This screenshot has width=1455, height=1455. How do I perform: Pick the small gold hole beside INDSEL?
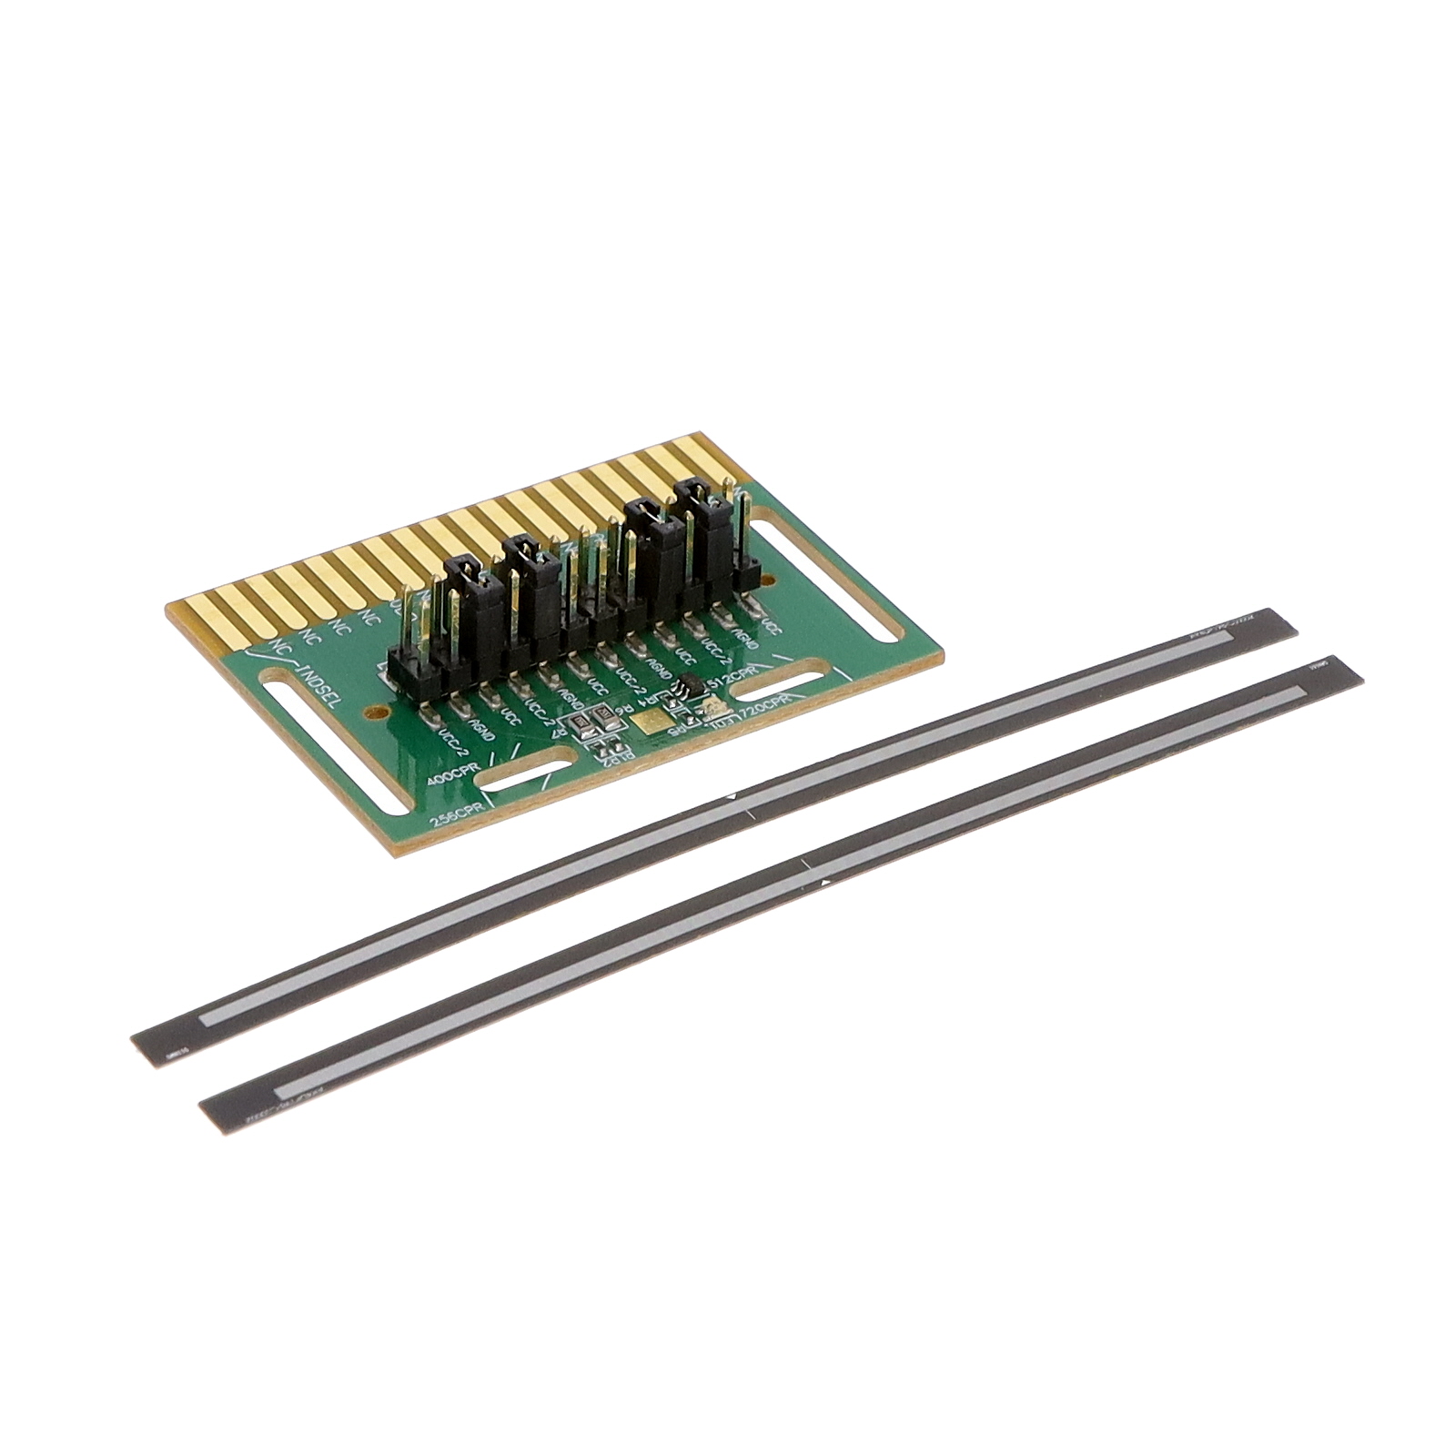coord(369,714)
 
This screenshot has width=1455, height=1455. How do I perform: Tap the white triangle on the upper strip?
coord(732,798)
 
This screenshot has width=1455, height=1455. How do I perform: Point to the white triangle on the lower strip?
coord(825,882)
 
